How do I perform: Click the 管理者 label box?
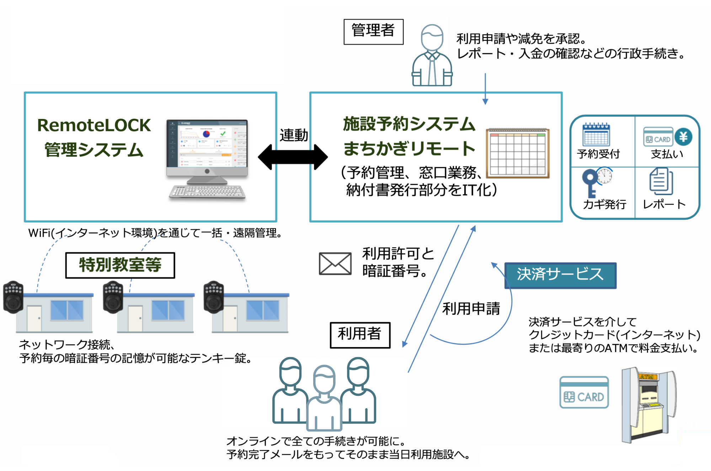click(x=373, y=32)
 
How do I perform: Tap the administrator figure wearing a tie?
click(x=432, y=57)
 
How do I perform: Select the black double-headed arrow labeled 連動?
click(x=293, y=157)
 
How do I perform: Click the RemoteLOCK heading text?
click(x=94, y=125)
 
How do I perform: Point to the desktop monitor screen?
click(x=207, y=144)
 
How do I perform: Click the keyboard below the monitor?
click(x=207, y=192)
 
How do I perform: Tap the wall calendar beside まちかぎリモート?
click(x=518, y=153)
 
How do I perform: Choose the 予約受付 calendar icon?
click(x=596, y=135)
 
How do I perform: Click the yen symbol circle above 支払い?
click(x=683, y=137)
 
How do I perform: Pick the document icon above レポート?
click(x=661, y=182)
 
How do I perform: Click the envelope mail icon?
click(x=335, y=264)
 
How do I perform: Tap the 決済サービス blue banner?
click(x=560, y=275)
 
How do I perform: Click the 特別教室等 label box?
click(x=120, y=265)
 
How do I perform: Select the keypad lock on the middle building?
click(x=113, y=297)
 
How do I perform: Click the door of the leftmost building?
click(x=34, y=318)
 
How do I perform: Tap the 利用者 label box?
click(x=360, y=335)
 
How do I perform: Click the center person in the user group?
click(x=324, y=399)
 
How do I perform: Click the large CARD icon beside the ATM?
click(x=584, y=392)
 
